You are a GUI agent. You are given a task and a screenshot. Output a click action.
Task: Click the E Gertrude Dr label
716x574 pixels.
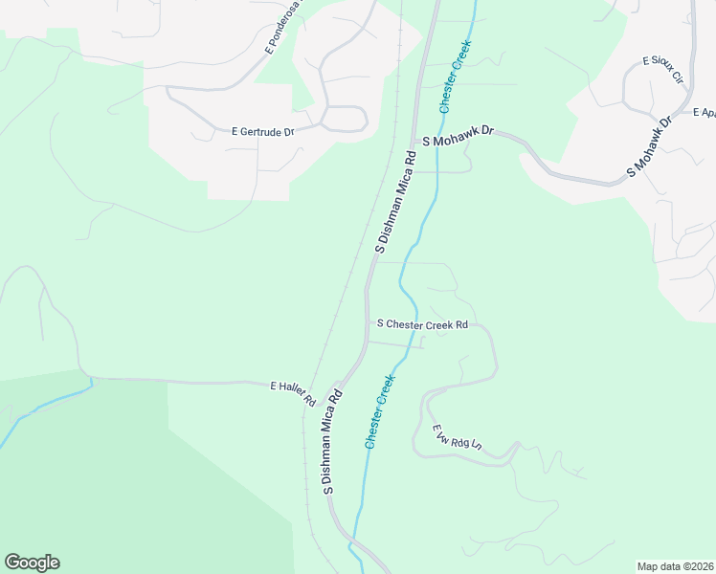(x=262, y=132)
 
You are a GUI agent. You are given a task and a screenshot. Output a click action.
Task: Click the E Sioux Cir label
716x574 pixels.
(x=662, y=68)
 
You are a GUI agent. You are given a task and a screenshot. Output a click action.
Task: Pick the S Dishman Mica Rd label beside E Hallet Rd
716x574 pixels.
(x=332, y=441)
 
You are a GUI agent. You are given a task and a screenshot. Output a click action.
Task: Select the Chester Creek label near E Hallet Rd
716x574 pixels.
(x=380, y=412)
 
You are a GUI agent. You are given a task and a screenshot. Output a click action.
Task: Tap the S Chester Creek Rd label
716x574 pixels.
(x=422, y=324)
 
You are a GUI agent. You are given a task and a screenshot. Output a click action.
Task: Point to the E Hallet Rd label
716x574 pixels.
(x=293, y=392)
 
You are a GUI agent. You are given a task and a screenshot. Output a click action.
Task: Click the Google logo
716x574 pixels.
(x=32, y=563)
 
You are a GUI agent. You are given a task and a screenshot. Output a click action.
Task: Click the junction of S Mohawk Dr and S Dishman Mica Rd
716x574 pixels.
(x=416, y=145)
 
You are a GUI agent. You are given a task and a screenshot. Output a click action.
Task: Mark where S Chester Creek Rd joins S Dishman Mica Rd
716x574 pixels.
(x=367, y=324)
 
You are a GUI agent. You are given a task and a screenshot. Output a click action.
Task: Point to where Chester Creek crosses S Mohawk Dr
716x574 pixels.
(x=439, y=139)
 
